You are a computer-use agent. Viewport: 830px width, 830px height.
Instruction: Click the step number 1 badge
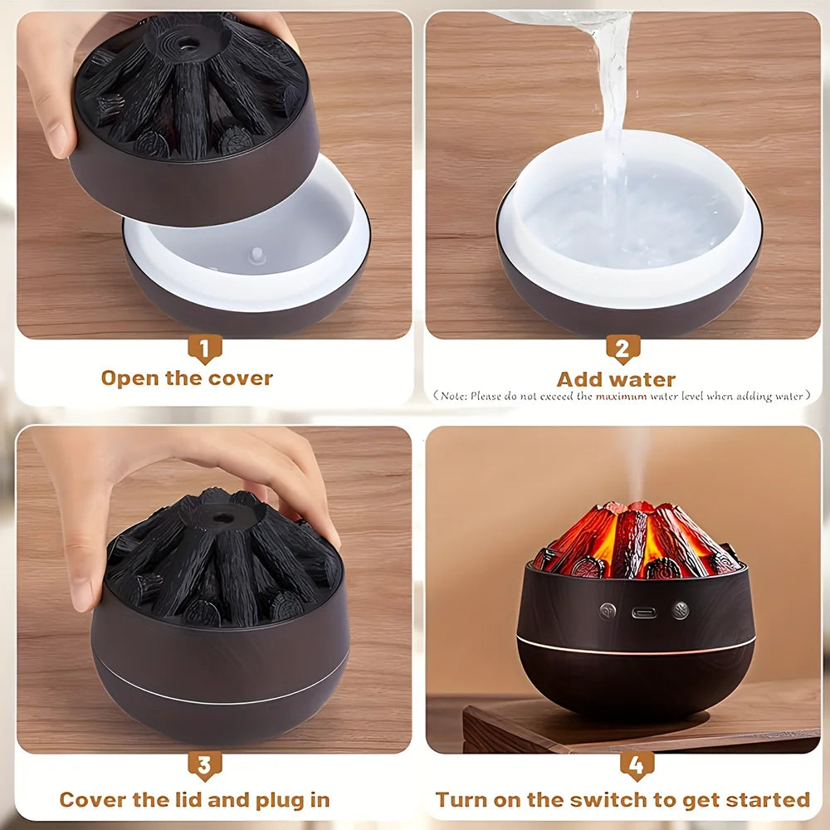click(204, 349)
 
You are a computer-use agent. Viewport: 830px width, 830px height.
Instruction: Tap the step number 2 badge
click(623, 349)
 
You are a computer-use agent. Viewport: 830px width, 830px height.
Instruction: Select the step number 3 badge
click(205, 766)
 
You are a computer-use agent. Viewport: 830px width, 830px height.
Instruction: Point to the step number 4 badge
click(637, 766)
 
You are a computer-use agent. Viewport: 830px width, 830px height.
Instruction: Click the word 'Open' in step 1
click(130, 379)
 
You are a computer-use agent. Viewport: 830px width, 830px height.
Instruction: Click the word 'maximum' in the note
click(621, 397)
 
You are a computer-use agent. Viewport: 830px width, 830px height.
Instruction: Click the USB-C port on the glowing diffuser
click(644, 613)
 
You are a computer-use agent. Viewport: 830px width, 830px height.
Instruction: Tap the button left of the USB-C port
click(608, 611)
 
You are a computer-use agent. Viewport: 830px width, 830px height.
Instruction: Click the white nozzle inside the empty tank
click(256, 256)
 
